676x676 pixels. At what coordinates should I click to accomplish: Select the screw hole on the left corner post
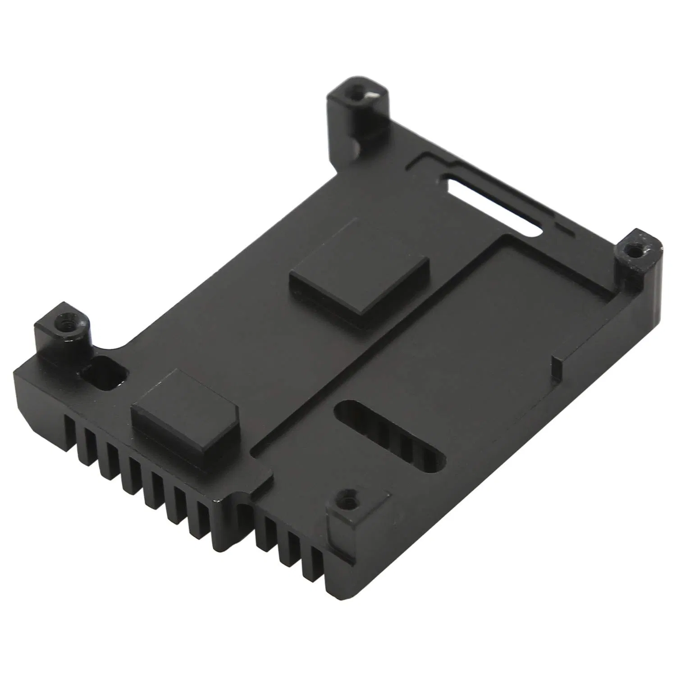[62, 324]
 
